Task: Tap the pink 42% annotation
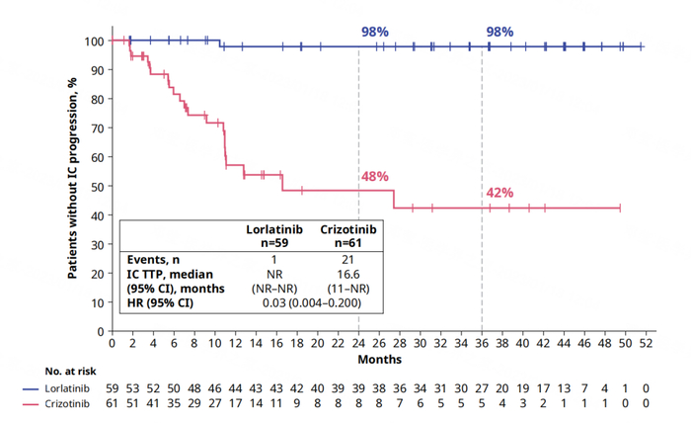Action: coord(500,193)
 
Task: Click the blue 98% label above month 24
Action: coord(374,31)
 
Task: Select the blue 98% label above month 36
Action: coord(499,31)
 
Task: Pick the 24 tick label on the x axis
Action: coord(359,343)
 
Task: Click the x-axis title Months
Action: coord(379,359)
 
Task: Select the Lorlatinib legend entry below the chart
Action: coord(64,389)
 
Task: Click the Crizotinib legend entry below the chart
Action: coord(64,404)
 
